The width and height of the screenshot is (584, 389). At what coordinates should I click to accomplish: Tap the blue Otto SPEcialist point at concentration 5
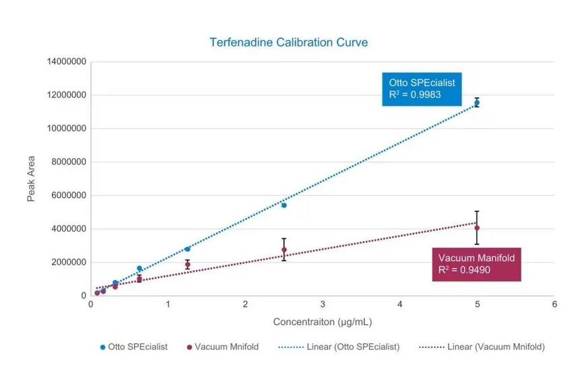tap(477, 103)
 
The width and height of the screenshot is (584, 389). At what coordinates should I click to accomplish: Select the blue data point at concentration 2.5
tap(284, 205)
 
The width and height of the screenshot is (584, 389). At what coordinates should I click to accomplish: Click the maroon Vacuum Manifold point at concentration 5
tap(477, 228)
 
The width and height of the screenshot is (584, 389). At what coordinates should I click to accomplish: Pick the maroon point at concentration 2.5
tap(284, 250)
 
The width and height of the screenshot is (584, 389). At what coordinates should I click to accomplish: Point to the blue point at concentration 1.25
tap(187, 249)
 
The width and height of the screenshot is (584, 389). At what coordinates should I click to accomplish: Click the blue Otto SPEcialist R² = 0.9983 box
tap(422, 89)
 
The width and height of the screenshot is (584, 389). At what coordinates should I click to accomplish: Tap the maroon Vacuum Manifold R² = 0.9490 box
tap(476, 264)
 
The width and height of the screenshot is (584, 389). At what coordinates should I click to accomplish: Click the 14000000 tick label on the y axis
tap(66, 62)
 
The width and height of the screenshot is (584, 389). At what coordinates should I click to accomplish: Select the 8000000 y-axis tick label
tap(68, 162)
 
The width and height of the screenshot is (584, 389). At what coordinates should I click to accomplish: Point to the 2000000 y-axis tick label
tap(68, 262)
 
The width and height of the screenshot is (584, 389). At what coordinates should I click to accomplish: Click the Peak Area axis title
tap(32, 179)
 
